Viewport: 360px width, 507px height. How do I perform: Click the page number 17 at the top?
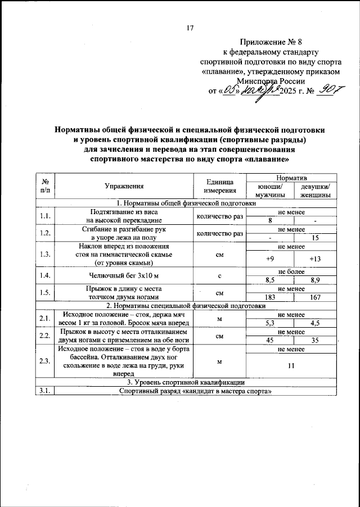point(190,29)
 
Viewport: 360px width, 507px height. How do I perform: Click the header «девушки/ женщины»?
point(315,191)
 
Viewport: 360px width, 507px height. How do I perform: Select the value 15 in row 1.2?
point(315,238)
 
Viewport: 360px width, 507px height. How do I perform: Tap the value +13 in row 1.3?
point(315,259)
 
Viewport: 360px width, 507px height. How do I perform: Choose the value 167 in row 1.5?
point(315,297)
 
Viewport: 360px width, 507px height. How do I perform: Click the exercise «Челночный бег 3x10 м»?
point(124,275)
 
